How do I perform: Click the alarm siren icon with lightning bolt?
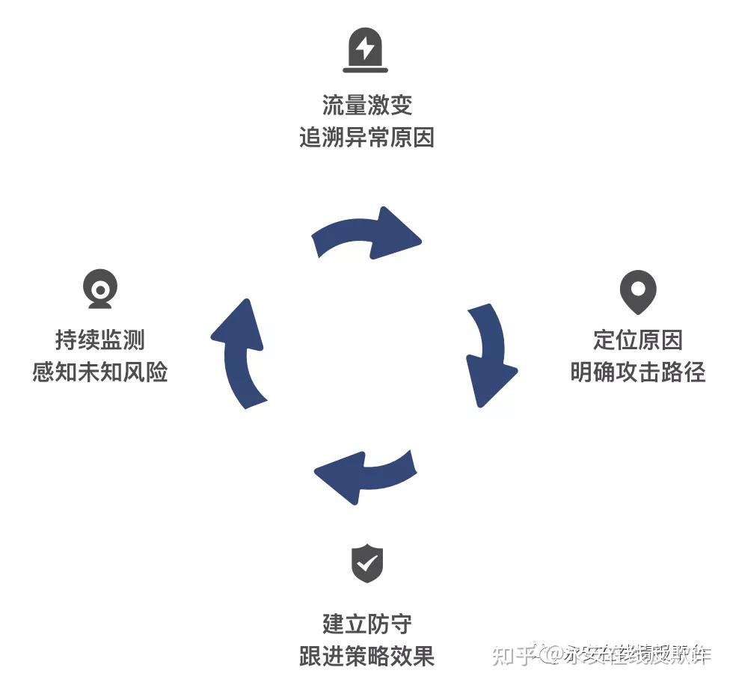pyautogui.click(x=365, y=51)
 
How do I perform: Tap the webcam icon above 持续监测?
pyautogui.click(x=100, y=289)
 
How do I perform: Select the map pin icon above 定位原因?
pyautogui.click(x=638, y=292)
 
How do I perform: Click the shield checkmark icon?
pyautogui.click(x=367, y=564)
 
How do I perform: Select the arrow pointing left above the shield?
pyautogui.click(x=365, y=475)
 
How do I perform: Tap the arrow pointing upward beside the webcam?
pyautogui.click(x=240, y=354)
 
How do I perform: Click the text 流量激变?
pyautogui.click(x=366, y=105)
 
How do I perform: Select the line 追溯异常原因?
pyautogui.click(x=366, y=138)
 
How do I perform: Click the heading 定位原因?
pyautogui.click(x=638, y=340)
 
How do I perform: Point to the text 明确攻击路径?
pyautogui.click(x=638, y=372)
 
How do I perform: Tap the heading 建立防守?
pyautogui.click(x=366, y=624)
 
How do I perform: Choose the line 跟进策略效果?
pyautogui.click(x=366, y=657)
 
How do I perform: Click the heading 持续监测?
pyautogui.click(x=100, y=340)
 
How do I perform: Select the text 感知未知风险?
pyautogui.click(x=100, y=372)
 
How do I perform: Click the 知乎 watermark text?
pyautogui.click(x=513, y=655)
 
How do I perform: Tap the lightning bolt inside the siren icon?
pyautogui.click(x=365, y=48)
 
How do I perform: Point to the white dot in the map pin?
pyautogui.click(x=638, y=287)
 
